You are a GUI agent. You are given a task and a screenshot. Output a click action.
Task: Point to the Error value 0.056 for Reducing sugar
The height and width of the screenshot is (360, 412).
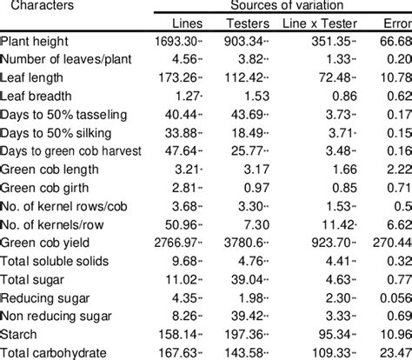395,298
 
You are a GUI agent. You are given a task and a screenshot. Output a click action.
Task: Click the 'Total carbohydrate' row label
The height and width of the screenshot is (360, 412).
54,353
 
